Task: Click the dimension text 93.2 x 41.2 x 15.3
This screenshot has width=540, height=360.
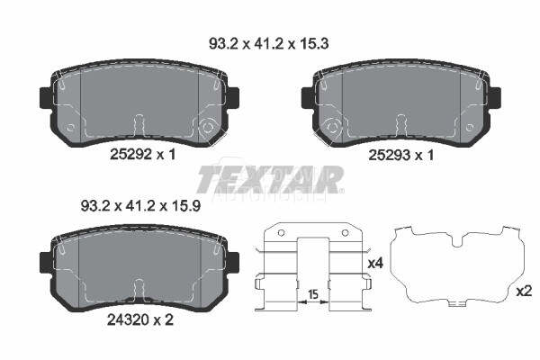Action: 268,44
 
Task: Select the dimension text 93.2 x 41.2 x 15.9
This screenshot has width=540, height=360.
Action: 140,206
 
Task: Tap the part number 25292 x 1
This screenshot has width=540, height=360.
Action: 142,154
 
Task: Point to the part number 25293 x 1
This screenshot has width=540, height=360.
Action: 401,156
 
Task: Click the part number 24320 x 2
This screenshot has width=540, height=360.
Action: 139,320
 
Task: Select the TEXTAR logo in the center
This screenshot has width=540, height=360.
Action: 270,179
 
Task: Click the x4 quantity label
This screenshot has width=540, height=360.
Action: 375,264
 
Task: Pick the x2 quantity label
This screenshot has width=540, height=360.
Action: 524,292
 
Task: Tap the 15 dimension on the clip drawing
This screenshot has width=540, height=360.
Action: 312,294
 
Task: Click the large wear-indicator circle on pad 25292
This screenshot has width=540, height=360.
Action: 207,128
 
